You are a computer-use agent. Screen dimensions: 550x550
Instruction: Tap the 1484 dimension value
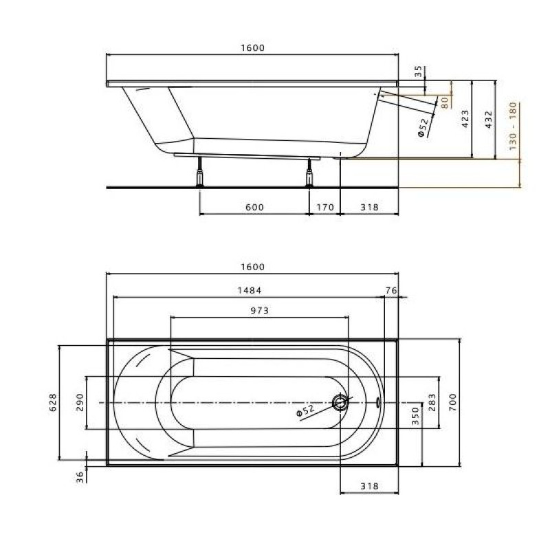tap(250, 291)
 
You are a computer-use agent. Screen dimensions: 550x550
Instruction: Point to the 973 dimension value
tap(258, 311)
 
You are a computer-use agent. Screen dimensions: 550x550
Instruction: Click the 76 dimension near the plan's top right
tap(391, 291)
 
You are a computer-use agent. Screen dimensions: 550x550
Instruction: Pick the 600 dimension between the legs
tap(254, 208)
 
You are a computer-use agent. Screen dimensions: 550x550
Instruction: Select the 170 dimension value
tap(324, 208)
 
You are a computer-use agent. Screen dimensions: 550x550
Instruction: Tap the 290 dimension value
tap(80, 403)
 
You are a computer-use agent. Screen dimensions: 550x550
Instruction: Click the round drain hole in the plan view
tap(340, 403)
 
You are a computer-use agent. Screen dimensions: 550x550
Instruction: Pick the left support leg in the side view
tap(200, 173)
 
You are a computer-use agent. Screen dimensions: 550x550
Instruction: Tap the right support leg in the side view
tap(309, 173)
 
